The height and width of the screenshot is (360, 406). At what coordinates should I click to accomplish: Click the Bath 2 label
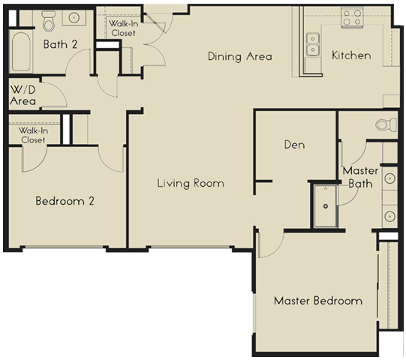[60, 44]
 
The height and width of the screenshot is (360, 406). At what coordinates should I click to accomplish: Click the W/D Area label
[23, 94]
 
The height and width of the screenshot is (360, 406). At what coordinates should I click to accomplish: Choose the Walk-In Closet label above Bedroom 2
[32, 134]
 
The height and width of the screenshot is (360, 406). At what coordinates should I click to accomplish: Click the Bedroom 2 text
[65, 201]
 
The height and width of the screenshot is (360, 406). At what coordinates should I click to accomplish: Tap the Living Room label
[190, 183]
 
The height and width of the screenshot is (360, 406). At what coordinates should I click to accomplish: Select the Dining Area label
[239, 56]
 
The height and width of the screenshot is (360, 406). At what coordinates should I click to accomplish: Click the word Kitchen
[351, 55]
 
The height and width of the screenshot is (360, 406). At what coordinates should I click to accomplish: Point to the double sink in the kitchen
[313, 44]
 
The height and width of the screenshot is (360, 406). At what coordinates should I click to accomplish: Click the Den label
[293, 145]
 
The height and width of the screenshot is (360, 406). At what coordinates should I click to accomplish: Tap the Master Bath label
[360, 177]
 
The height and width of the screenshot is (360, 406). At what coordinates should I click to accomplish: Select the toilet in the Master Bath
[383, 124]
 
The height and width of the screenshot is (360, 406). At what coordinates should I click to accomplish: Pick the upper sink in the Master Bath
[390, 180]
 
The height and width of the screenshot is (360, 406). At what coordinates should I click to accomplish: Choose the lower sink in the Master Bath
[390, 216]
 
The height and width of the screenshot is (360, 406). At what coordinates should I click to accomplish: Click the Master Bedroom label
[317, 301]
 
